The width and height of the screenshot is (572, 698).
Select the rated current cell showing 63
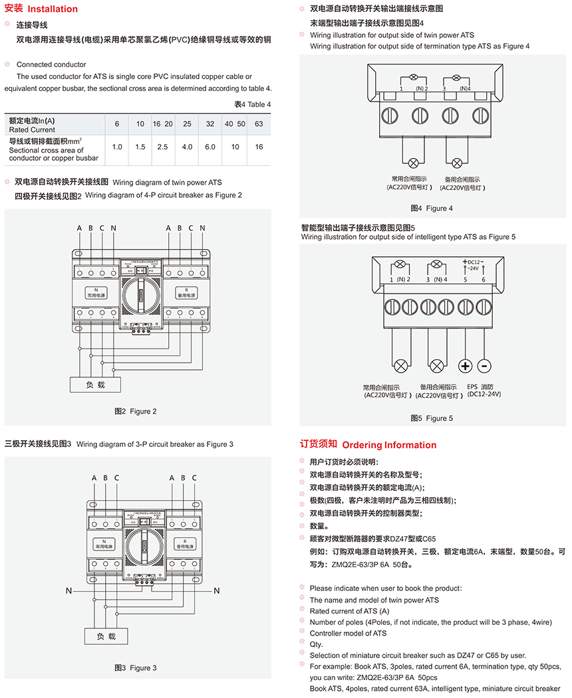pos(259,124)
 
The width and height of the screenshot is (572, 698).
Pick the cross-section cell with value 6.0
pos(210,147)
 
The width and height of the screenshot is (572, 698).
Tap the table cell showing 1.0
pos(117,147)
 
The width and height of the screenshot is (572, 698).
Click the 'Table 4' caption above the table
pos(253,104)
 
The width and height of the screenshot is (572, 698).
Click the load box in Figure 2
pos(96,385)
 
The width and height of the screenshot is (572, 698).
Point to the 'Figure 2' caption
pos(136,411)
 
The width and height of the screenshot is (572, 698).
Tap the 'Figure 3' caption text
pos(136,667)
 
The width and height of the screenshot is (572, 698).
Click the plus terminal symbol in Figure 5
pos(465,366)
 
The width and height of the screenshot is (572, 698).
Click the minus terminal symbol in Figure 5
pos(484,366)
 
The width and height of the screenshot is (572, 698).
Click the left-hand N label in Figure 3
pos(68,590)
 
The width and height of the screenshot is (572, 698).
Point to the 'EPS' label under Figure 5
pos(473,387)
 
